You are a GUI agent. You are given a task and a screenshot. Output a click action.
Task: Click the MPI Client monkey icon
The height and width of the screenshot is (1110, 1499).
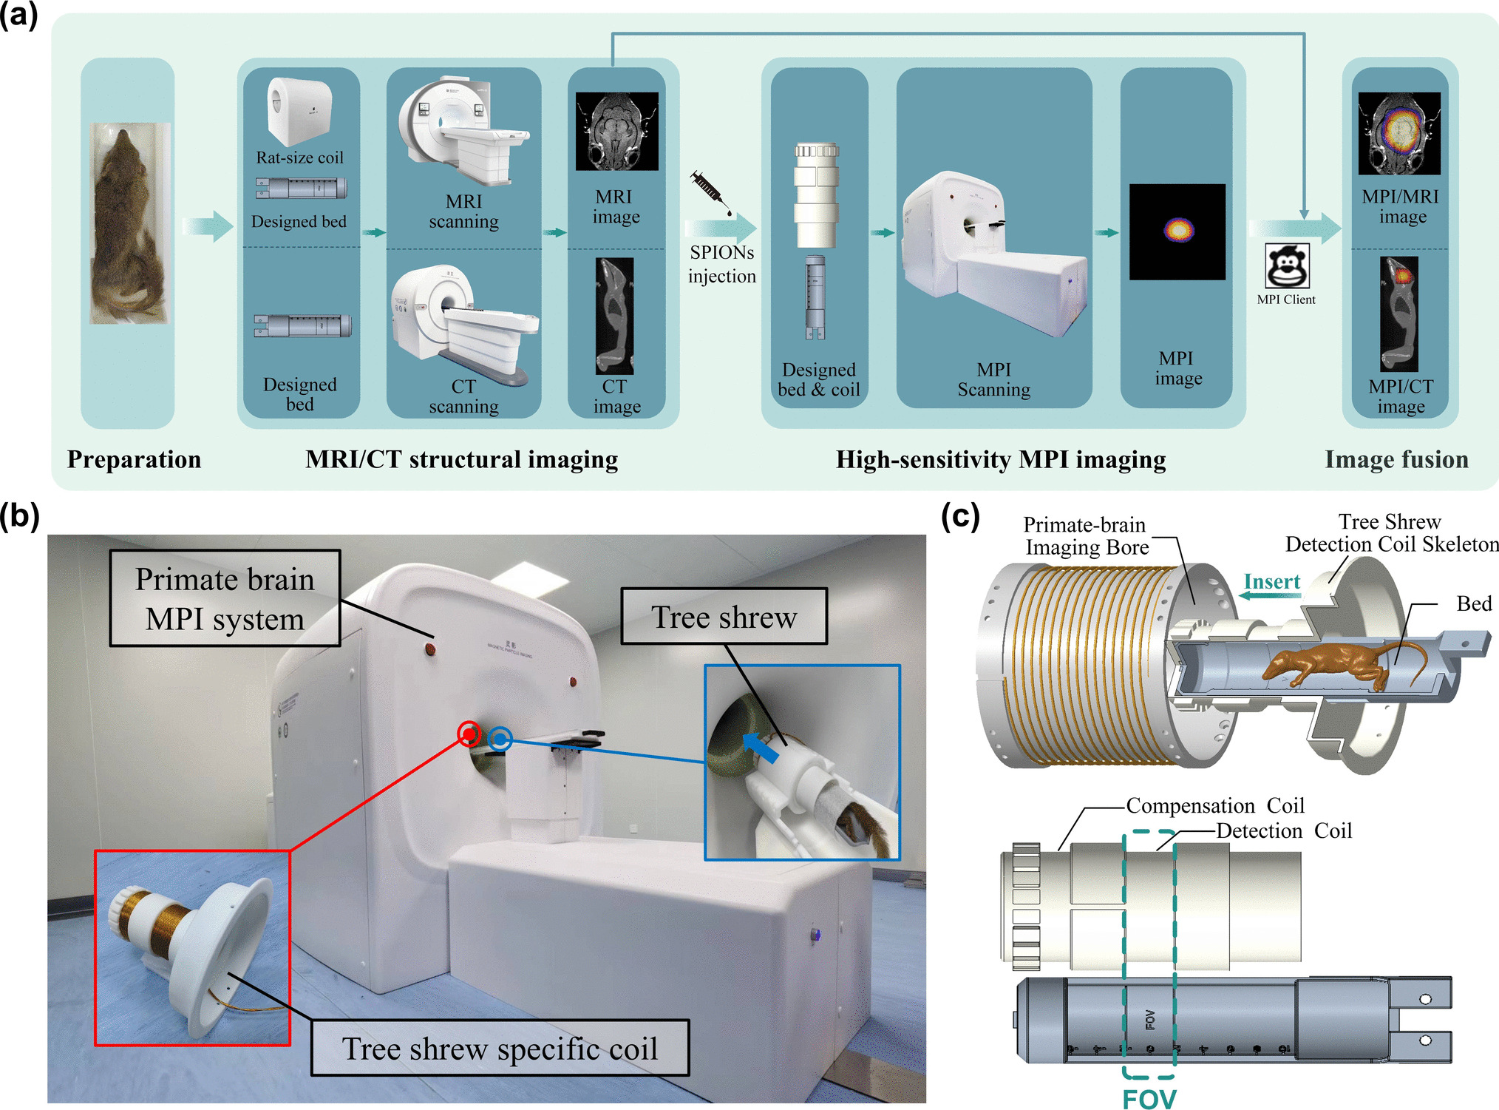1287,265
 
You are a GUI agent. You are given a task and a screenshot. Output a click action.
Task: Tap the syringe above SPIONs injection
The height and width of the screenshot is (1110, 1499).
710,192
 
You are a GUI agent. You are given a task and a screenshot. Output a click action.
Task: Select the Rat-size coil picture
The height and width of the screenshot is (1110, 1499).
299,112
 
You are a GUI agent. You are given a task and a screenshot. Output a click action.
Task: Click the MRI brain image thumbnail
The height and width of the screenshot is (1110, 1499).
616,131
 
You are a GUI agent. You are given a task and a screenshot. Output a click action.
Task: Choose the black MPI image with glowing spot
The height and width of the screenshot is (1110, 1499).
1177,231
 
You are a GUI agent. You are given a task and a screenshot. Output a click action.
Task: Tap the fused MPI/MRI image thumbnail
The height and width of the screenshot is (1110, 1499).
1398,133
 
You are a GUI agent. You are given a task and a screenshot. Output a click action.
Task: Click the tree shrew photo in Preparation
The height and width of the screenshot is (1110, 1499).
129,223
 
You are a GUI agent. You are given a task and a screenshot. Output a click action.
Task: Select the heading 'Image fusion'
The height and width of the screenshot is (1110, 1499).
1396,459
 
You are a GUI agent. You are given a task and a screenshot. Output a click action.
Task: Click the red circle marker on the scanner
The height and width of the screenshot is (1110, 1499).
469,734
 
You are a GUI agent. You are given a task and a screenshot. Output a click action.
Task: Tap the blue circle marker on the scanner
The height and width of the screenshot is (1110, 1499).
500,738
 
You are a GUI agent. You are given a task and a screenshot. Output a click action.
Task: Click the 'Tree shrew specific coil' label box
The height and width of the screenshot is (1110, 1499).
500,1048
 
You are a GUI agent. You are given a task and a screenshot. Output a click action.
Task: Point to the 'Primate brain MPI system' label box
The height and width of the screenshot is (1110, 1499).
225,598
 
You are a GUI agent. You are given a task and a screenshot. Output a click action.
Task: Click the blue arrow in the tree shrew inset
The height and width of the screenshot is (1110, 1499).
761,747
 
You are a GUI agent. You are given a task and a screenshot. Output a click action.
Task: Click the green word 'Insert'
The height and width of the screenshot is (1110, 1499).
1271,582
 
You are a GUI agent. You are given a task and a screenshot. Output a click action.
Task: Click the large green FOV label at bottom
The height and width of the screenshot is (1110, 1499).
1149,1098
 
